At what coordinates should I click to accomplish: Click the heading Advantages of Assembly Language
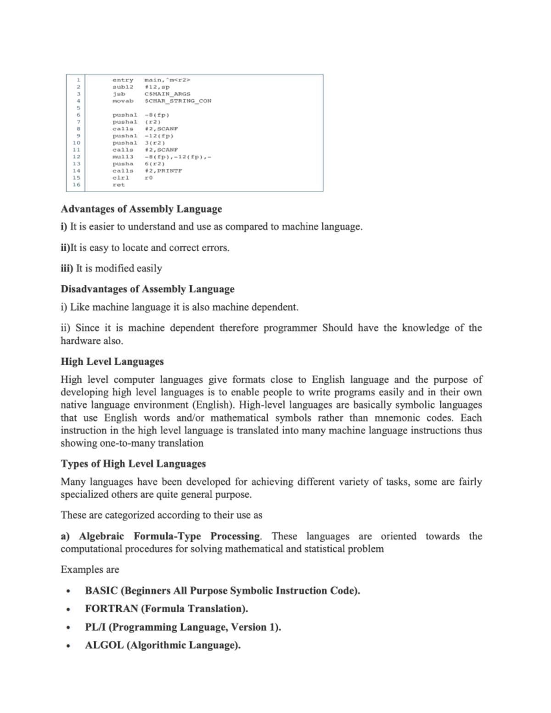click(141, 209)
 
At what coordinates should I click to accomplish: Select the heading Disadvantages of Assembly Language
click(147, 289)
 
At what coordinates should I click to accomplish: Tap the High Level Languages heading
click(112, 362)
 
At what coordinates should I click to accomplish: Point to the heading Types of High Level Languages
click(133, 464)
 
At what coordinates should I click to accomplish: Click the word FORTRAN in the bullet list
click(111, 609)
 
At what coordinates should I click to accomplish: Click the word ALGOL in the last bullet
click(104, 646)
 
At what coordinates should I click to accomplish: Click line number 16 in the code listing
click(76, 185)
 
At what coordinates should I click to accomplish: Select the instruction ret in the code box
click(118, 185)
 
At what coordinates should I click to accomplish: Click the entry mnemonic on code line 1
click(123, 80)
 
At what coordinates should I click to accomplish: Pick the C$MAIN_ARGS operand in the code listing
click(167, 94)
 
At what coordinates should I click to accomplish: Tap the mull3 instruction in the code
click(123, 157)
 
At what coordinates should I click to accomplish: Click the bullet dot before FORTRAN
click(68, 610)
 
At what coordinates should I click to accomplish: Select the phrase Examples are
click(90, 570)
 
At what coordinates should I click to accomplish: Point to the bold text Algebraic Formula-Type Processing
click(169, 536)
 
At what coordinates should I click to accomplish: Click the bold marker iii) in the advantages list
click(67, 269)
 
